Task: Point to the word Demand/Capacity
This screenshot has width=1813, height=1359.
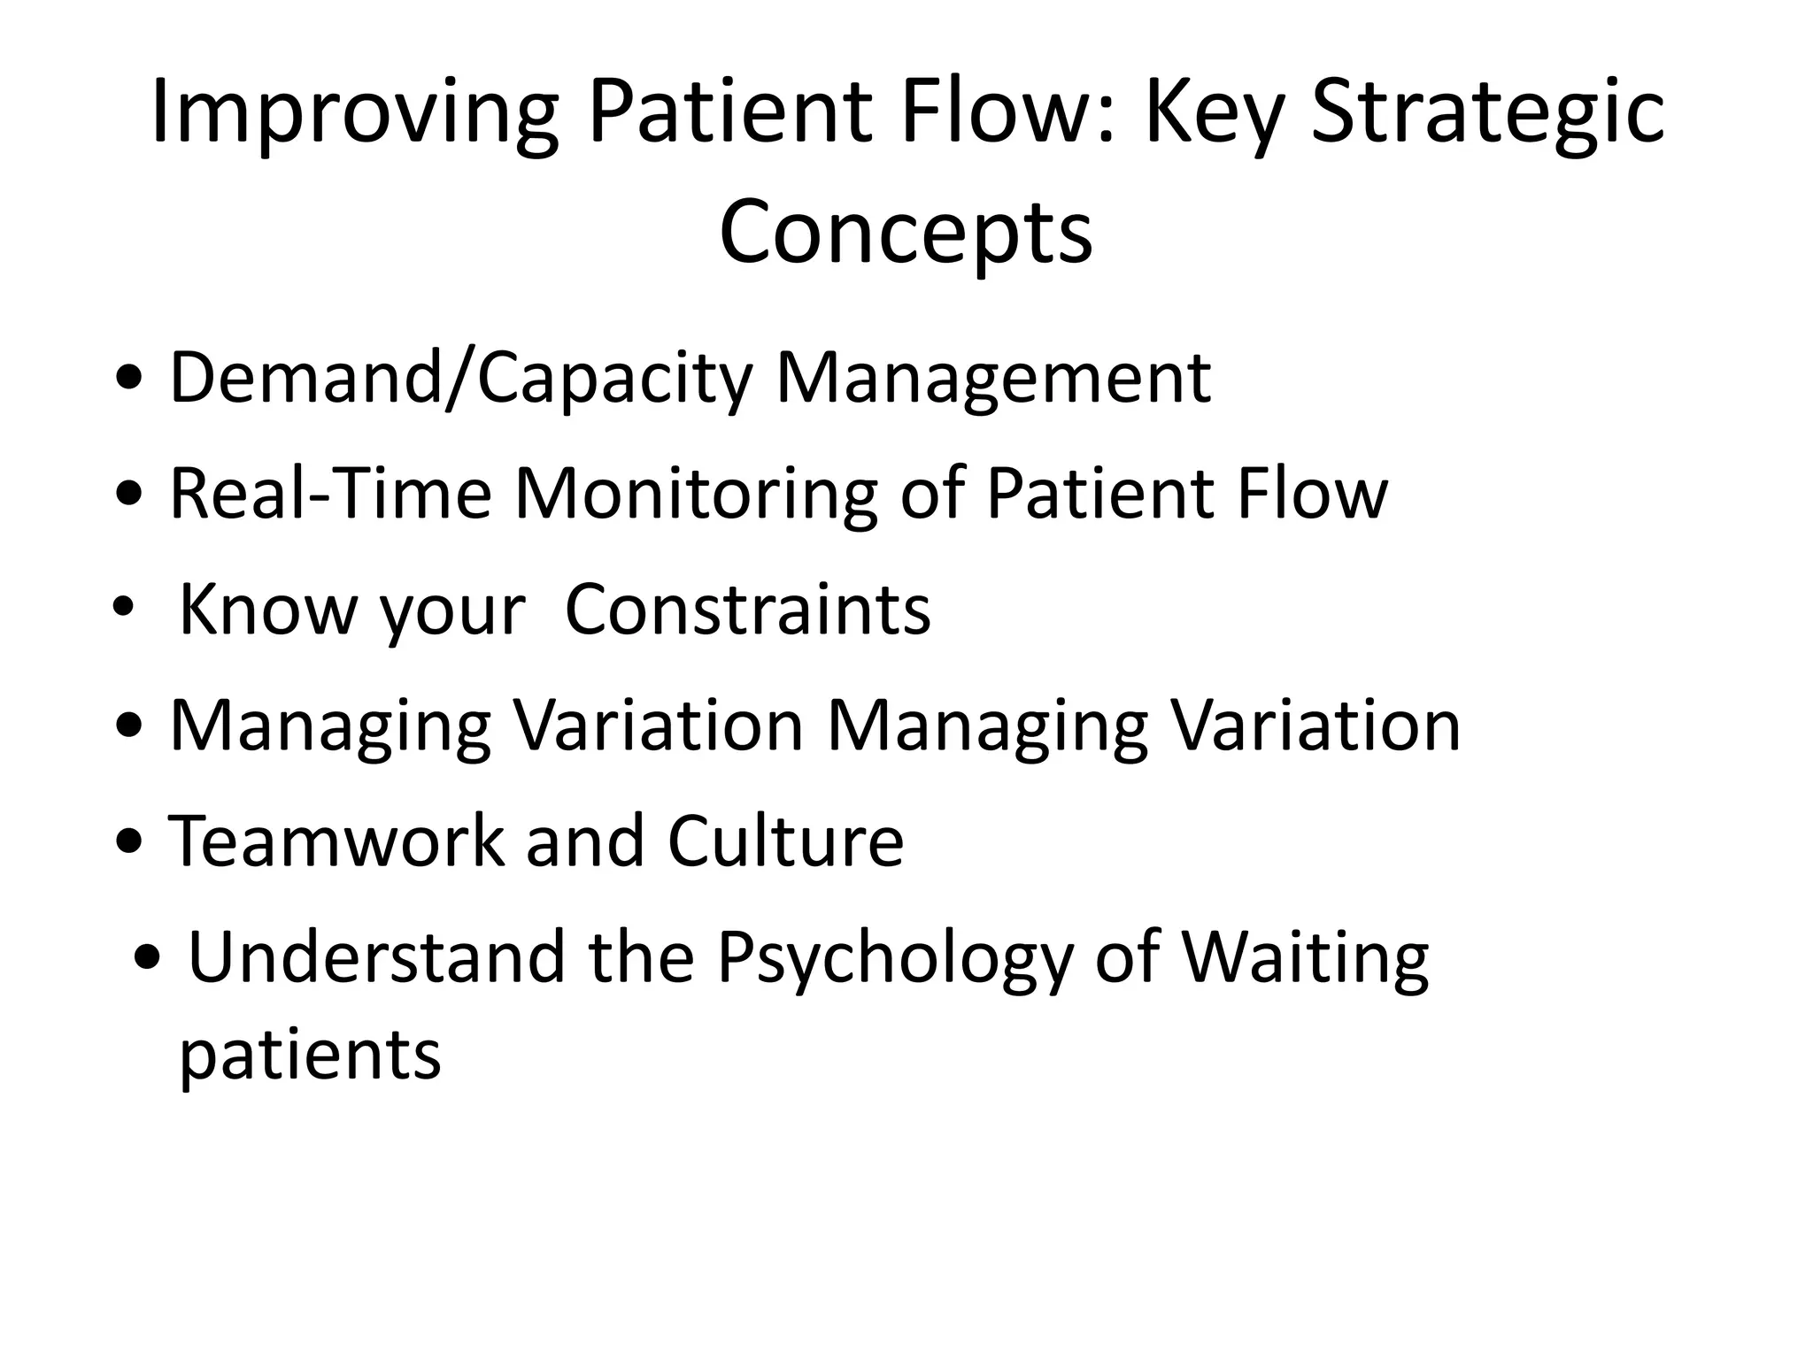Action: [460, 379]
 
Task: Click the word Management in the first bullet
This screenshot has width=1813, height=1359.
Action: [993, 379]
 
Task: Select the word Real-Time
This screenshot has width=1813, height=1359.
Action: [330, 494]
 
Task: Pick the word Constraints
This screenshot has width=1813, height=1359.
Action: [748, 610]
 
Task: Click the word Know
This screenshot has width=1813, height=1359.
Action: [266, 610]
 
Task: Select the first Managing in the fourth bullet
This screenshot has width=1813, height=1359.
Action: [330, 726]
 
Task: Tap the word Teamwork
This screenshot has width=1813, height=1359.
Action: [336, 841]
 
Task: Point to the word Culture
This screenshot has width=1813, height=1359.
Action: [785, 841]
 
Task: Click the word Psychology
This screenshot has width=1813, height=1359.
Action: [894, 958]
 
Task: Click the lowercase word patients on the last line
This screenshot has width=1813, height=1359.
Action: [310, 1055]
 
